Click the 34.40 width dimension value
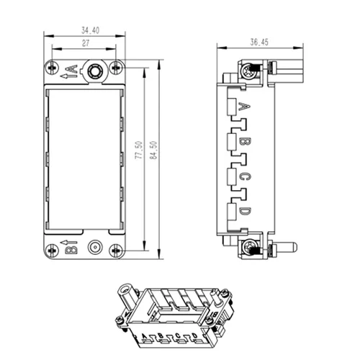(x=90, y=30)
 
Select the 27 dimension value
(x=86, y=43)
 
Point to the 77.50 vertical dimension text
(x=139, y=150)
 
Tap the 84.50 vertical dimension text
(x=153, y=150)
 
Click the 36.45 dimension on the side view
(x=259, y=42)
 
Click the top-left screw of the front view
(x=52, y=68)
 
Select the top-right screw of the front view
(x=116, y=68)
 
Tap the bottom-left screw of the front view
(x=52, y=251)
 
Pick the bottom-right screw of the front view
(x=116, y=251)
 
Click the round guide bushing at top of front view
(x=95, y=71)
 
